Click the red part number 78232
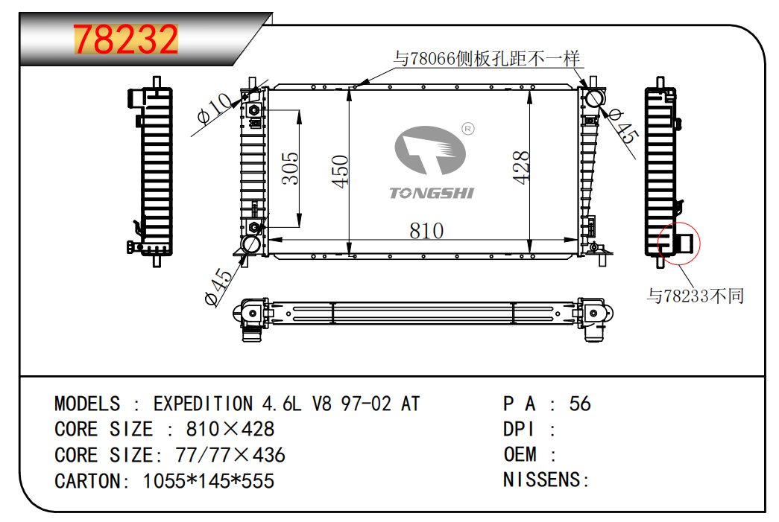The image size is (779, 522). (126, 39)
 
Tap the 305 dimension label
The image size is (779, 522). (290, 169)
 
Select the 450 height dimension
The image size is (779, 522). (341, 172)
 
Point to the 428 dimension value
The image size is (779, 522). (520, 168)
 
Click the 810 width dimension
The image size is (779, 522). (426, 231)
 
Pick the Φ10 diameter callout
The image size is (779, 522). (215, 108)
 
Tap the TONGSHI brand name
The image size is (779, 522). (432, 193)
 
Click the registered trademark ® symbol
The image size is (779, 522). (468, 129)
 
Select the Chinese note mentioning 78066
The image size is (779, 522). (486, 59)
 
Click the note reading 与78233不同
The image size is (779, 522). (695, 296)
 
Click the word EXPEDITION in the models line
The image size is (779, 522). (203, 404)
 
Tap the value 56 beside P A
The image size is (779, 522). (580, 404)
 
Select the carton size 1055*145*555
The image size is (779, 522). (209, 481)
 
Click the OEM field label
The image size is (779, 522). (520, 454)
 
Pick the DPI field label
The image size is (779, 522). (519, 429)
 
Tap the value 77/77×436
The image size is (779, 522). (230, 455)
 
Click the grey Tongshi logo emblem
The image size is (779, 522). (430, 150)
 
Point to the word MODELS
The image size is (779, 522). (87, 404)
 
